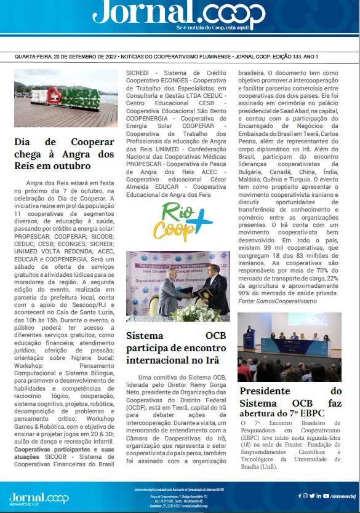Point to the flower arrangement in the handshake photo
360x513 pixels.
[x=198, y=311]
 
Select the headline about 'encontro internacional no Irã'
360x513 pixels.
[x=178, y=349]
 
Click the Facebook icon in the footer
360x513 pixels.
[x=300, y=495]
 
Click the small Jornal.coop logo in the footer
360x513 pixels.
[x=30, y=497]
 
